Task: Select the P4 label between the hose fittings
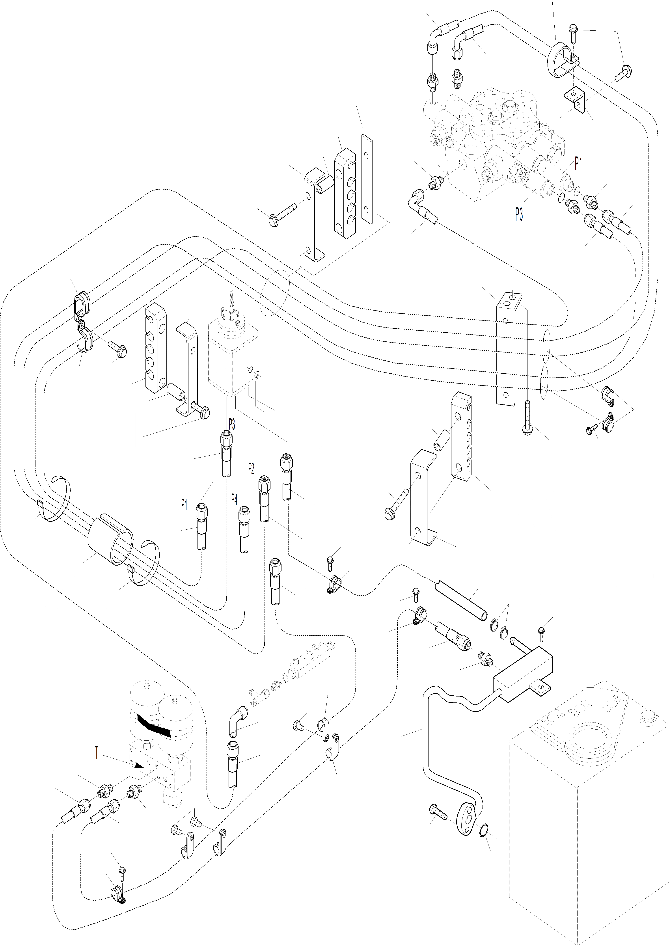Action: (x=234, y=500)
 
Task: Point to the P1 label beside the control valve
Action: (x=578, y=164)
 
